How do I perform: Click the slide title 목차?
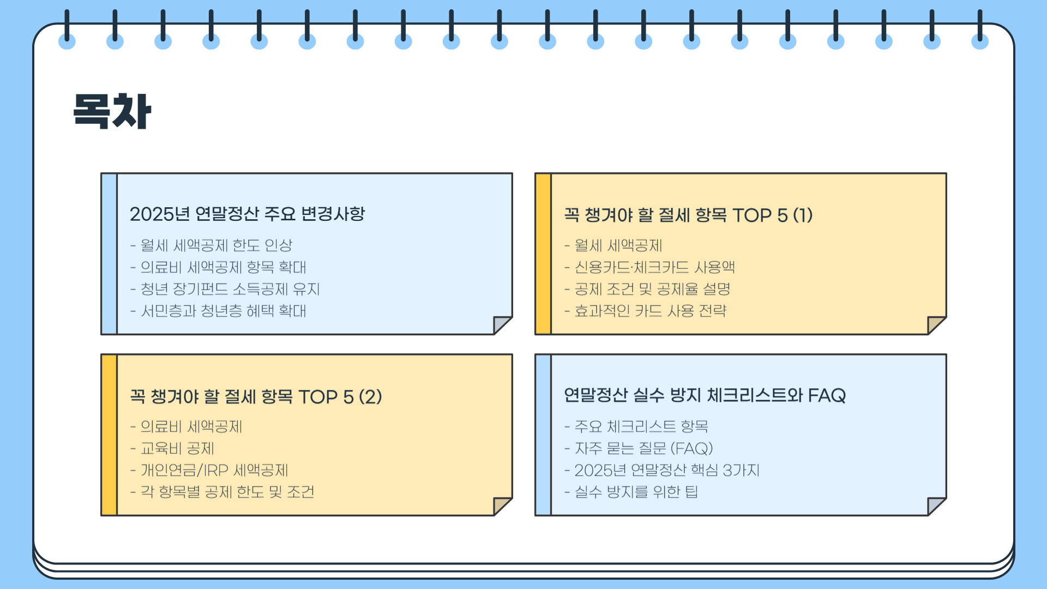[x=112, y=111]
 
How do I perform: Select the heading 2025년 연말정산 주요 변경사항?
[x=247, y=214]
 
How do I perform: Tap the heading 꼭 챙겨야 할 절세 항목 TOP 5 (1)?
[x=688, y=215]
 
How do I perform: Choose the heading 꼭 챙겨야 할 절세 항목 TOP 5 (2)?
[x=256, y=396]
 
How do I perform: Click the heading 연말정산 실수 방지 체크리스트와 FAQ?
[x=705, y=395]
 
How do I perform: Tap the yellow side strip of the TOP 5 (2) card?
[x=109, y=435]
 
